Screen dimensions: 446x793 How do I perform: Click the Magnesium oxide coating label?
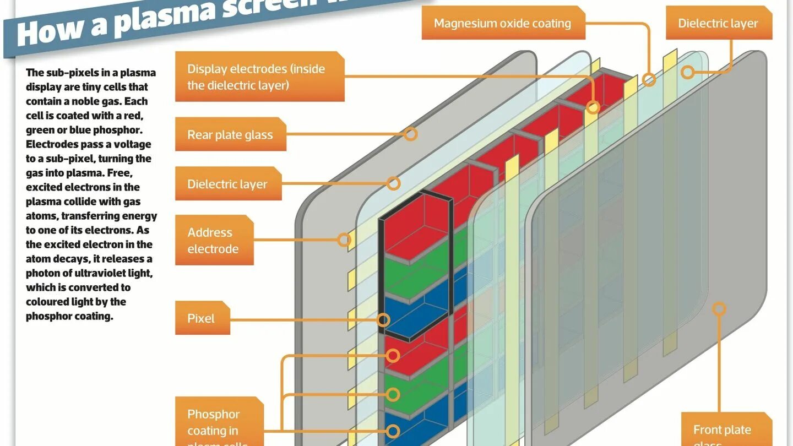502,24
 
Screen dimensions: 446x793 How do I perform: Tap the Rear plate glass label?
230,134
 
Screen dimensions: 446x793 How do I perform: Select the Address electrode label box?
214,240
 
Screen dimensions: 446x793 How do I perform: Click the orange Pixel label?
202,318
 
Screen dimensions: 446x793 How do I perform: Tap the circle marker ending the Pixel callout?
383,320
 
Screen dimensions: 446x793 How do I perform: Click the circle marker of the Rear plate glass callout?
410,133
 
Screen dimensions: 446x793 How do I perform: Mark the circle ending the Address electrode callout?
344,240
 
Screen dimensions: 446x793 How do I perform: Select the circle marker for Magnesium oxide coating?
649,80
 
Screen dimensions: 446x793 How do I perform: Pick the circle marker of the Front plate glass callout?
719,308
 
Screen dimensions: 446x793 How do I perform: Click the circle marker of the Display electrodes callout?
593,107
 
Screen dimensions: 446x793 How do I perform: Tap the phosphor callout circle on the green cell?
393,394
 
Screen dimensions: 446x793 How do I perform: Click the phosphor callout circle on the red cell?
393,356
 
